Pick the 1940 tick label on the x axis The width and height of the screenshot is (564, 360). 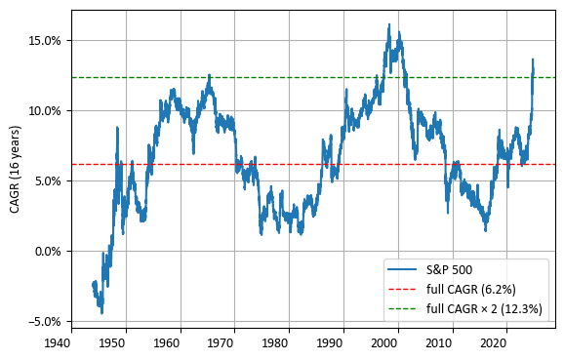click(x=58, y=343)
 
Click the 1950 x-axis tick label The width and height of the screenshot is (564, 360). click(x=112, y=343)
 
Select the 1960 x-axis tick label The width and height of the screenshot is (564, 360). click(x=167, y=343)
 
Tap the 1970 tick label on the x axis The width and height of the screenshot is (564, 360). click(x=222, y=343)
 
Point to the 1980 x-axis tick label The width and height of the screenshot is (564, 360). click(x=276, y=343)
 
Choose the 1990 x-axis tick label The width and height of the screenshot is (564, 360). click(x=331, y=343)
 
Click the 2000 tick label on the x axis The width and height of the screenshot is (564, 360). click(x=385, y=343)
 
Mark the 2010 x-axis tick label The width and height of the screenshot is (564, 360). click(x=440, y=343)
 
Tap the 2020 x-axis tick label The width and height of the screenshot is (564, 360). click(x=495, y=343)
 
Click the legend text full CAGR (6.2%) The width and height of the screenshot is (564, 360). click(x=471, y=289)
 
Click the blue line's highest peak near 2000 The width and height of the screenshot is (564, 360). click(x=388, y=24)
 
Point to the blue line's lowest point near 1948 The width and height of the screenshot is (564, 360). click(x=101, y=313)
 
